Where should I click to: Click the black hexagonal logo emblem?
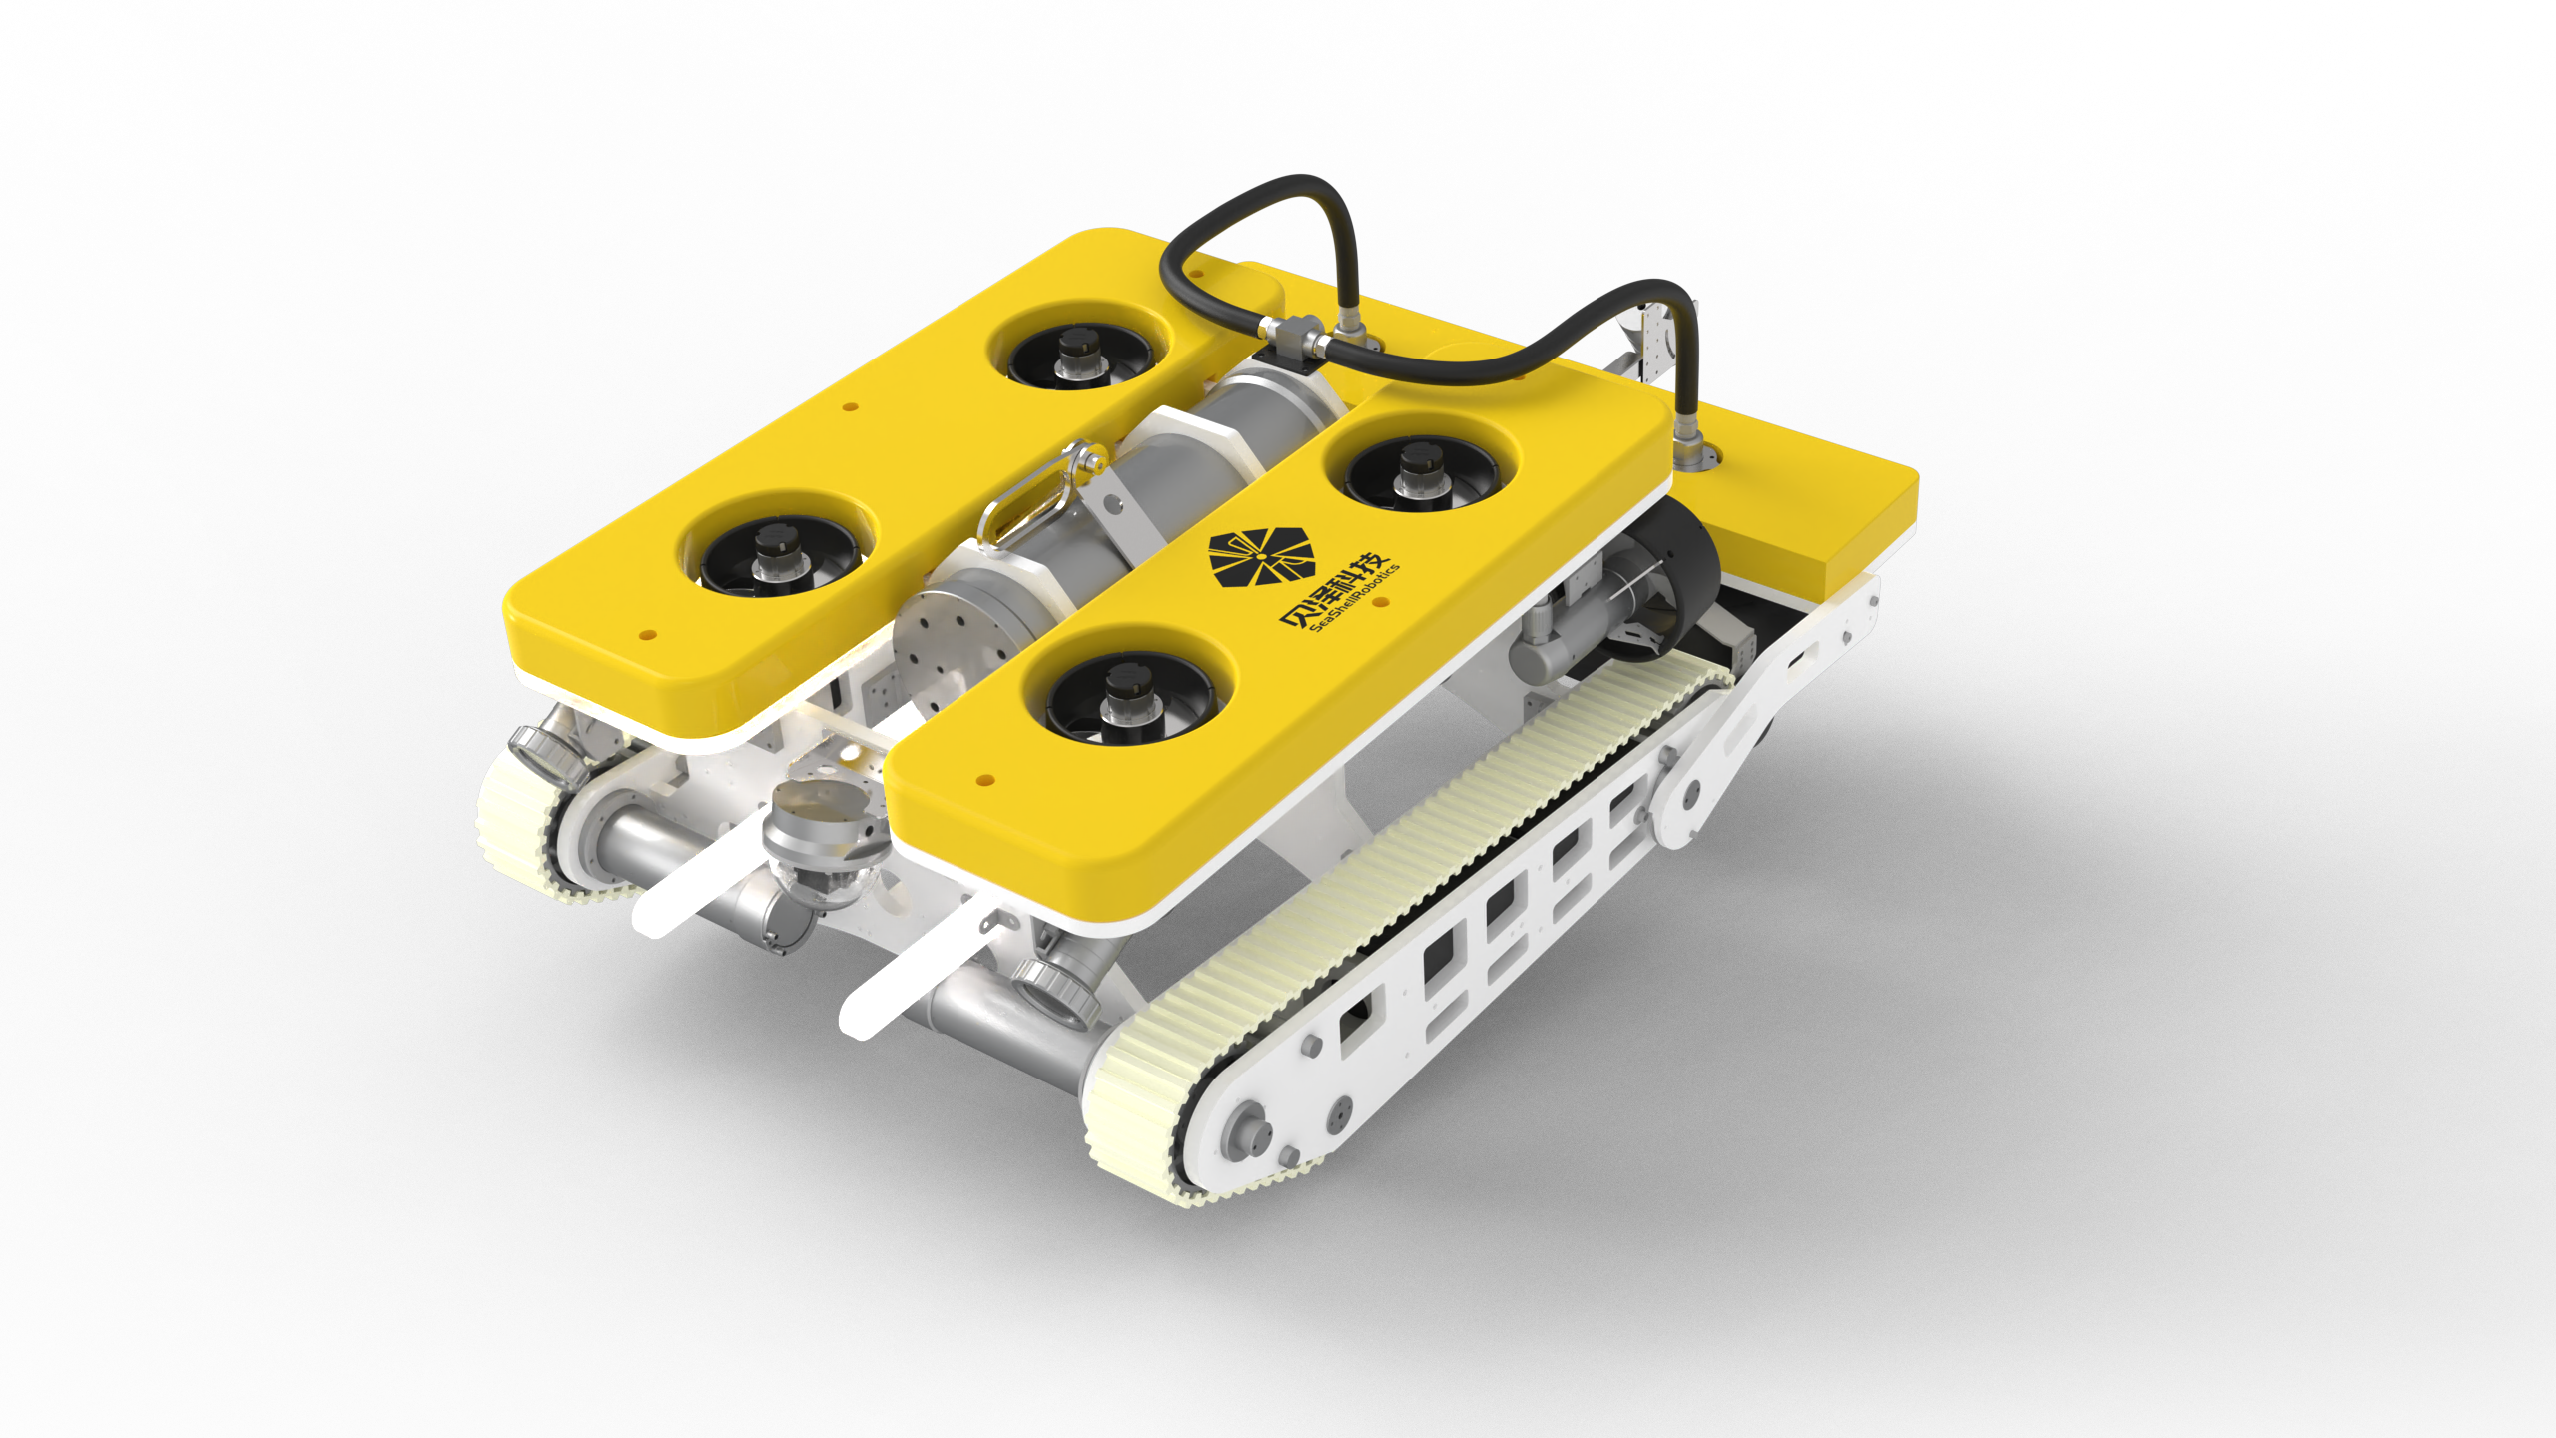(x=1261, y=556)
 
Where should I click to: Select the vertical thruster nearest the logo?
(x=1420, y=472)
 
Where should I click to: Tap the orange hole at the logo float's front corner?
(x=984, y=778)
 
